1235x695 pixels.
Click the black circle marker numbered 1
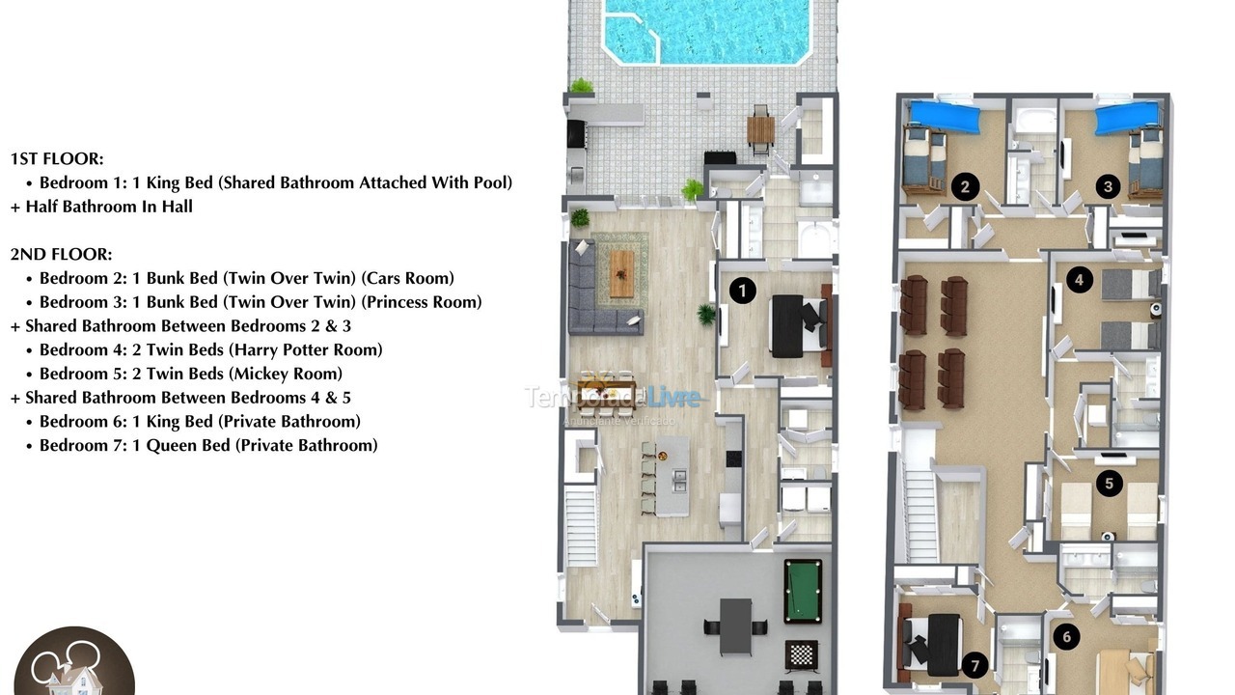tap(742, 290)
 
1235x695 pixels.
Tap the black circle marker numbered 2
tap(965, 186)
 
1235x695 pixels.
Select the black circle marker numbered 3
tap(1108, 186)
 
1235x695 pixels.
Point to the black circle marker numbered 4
tap(1080, 280)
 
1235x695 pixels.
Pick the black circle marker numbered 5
tap(1109, 483)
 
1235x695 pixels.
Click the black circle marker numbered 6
tap(1066, 636)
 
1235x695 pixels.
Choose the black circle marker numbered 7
tap(975, 665)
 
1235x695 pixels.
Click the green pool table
tap(802, 590)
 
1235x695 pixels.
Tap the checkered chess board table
tap(801, 654)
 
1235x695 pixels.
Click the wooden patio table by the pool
tap(760, 130)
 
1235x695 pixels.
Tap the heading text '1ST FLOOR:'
tap(57, 158)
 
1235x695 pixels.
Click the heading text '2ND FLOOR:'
tap(61, 255)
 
